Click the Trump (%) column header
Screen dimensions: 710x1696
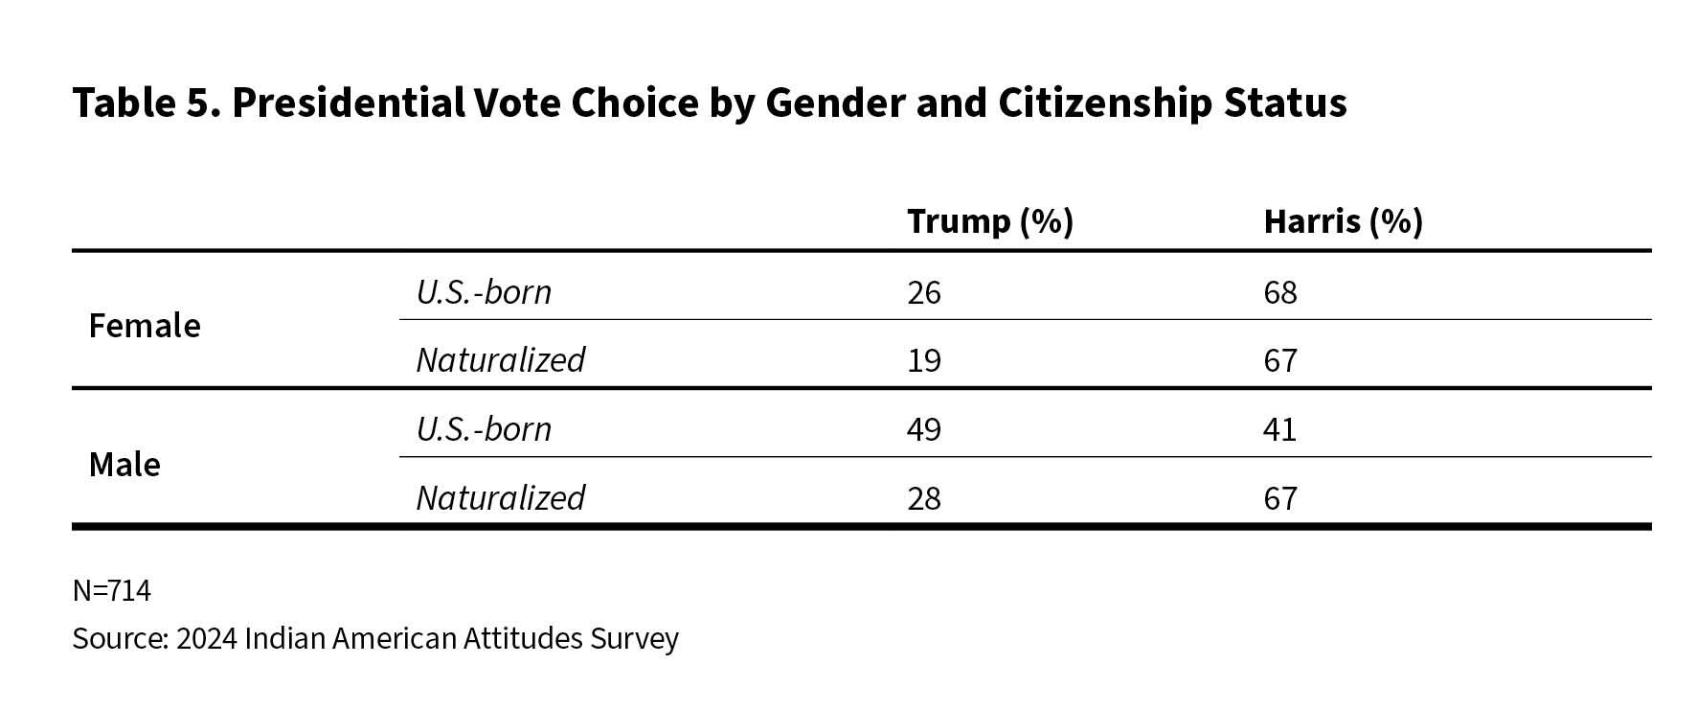point(989,221)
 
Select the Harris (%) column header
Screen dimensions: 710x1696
point(1343,221)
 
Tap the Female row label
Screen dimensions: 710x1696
point(145,326)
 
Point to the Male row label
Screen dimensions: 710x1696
point(124,465)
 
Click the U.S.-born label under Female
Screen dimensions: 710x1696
point(484,291)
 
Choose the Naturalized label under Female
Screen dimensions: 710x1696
point(500,360)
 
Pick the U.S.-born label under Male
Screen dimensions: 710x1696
point(484,428)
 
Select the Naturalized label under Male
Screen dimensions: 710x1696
point(500,498)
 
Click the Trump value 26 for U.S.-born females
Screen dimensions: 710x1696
point(923,292)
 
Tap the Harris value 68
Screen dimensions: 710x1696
point(1279,292)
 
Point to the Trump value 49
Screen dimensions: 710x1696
point(923,429)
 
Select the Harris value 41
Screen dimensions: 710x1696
point(1279,429)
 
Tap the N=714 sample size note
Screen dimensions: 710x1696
point(111,590)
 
